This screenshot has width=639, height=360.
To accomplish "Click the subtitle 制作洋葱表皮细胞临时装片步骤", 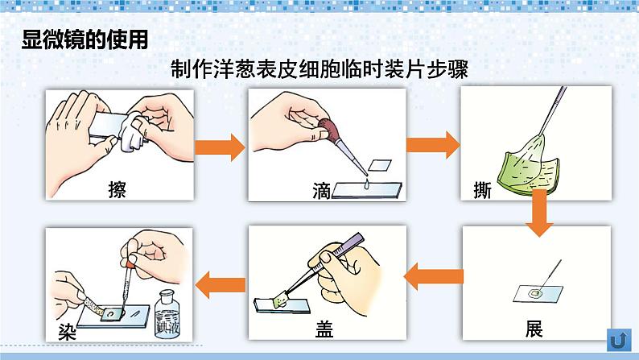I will [x=319, y=70].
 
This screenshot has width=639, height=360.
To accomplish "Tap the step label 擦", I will [x=117, y=190].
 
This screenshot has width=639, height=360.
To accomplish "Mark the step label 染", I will [x=68, y=329].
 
